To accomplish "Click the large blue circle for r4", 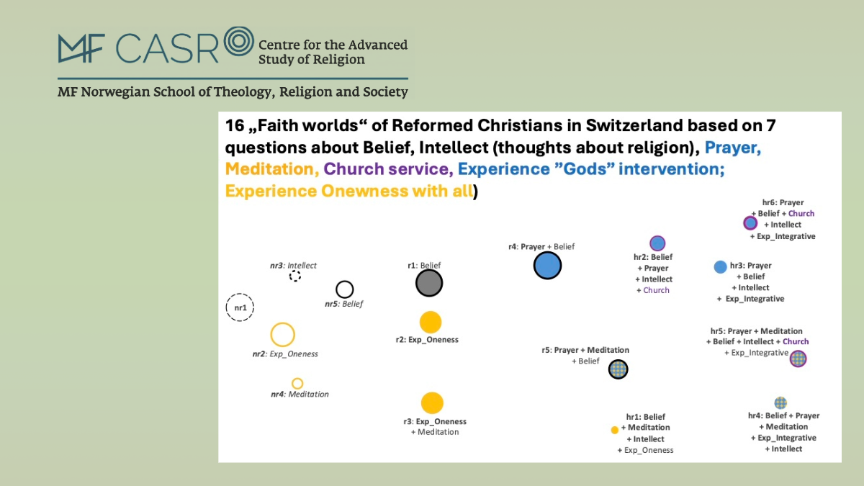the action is coord(547,266).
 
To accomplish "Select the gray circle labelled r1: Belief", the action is coord(429,283).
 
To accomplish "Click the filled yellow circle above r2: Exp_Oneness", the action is coord(431,322).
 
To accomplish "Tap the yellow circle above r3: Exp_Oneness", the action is coord(432,403).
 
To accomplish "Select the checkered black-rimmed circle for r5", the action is coord(618,369).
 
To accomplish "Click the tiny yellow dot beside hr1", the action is coord(615,430).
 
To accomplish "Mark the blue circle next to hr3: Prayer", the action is coord(720,267).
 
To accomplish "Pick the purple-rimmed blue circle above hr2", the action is coord(657,243).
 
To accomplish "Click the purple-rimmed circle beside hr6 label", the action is coord(750,223).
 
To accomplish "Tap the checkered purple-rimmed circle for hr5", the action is coord(798,359).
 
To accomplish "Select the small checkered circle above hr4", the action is coord(780,402).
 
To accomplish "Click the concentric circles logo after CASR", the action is coord(239,41).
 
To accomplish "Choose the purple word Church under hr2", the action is coord(656,290).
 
